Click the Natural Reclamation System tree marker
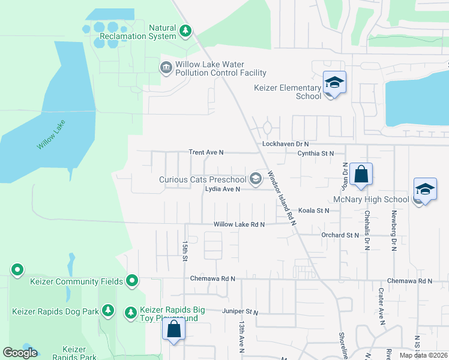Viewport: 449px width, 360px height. (185, 31)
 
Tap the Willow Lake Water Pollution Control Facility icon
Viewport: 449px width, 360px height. (166, 68)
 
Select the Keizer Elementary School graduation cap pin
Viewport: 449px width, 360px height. (334, 83)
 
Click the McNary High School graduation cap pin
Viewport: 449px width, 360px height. (424, 191)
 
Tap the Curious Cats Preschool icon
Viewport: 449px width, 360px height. (256, 178)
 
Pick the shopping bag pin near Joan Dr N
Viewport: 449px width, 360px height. (361, 174)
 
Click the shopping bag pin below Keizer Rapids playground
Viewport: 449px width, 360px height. (174, 329)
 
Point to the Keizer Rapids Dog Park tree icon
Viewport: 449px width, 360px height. (108, 311)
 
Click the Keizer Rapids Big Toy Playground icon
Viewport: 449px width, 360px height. (131, 312)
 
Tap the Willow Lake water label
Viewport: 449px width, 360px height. (51, 136)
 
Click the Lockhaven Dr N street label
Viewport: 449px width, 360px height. (285, 145)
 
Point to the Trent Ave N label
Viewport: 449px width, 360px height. (206, 153)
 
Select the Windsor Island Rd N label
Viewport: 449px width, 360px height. (282, 197)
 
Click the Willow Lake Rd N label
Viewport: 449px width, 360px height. (240, 224)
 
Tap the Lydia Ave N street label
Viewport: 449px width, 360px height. (222, 189)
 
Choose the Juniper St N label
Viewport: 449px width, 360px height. (239, 312)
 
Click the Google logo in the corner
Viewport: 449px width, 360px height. (20, 353)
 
